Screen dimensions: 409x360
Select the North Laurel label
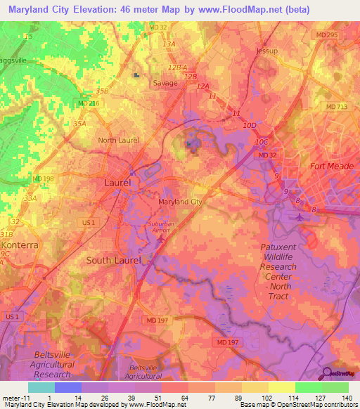(x=117, y=140)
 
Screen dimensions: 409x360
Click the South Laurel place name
(x=113, y=260)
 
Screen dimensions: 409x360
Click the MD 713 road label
(x=337, y=106)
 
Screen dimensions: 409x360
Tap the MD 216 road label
(x=89, y=103)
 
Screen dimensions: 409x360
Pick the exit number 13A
(x=169, y=44)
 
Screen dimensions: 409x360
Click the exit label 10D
(x=250, y=125)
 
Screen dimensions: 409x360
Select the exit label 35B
(x=103, y=91)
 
